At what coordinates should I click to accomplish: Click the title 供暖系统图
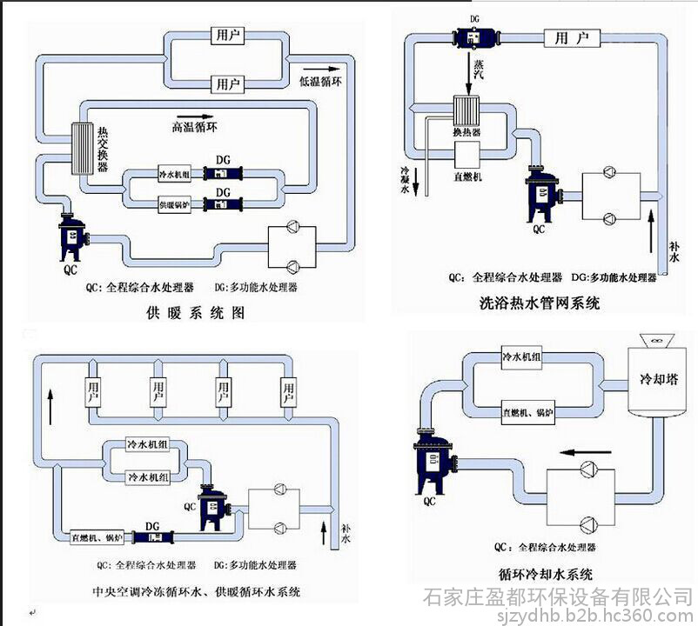coord(196,313)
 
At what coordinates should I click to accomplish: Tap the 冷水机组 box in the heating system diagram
coord(177,174)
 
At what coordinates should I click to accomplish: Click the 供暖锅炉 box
coord(177,205)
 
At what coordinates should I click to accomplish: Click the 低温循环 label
coord(322,81)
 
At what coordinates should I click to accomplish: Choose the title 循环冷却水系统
coord(543,574)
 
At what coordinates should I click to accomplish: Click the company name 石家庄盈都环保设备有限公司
coord(557,597)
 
